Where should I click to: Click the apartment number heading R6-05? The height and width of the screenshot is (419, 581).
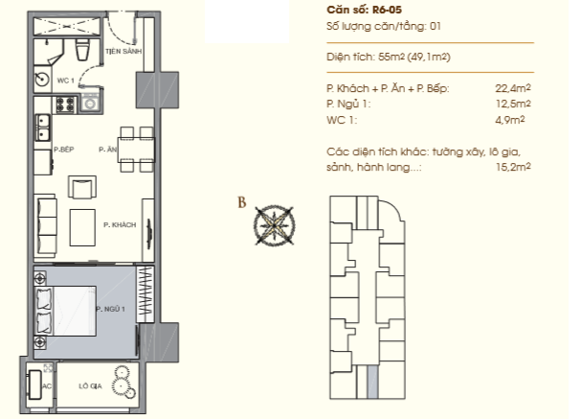pyautogui.click(x=387, y=10)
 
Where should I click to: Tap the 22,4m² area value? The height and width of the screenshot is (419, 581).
pyautogui.click(x=513, y=88)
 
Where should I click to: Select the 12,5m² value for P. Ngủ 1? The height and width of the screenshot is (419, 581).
pyautogui.click(x=513, y=104)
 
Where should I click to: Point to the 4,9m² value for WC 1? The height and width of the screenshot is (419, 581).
pyautogui.click(x=510, y=120)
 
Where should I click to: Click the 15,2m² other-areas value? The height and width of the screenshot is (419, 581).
pyautogui.click(x=513, y=167)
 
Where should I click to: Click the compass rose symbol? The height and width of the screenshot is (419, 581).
pyautogui.click(x=274, y=225)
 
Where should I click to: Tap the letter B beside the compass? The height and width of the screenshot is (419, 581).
pyautogui.click(x=241, y=202)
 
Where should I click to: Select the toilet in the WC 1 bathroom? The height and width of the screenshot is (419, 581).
pyautogui.click(x=82, y=49)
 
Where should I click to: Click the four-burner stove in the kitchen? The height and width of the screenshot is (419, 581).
pyautogui.click(x=66, y=105)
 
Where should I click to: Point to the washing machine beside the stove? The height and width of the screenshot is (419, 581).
pyautogui.click(x=90, y=103)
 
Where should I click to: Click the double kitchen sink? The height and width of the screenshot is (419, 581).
pyautogui.click(x=43, y=128)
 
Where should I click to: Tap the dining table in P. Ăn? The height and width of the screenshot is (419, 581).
pyautogui.click(x=136, y=150)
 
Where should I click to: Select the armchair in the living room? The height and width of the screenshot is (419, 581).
pyautogui.click(x=82, y=187)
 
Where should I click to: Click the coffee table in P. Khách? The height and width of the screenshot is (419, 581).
pyautogui.click(x=82, y=227)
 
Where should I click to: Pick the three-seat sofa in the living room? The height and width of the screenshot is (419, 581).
pyautogui.click(x=46, y=225)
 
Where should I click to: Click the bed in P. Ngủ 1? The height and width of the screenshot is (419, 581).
pyautogui.click(x=66, y=311)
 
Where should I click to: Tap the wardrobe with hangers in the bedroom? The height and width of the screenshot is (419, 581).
pyautogui.click(x=145, y=294)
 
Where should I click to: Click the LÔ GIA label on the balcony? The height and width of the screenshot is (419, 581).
pyautogui.click(x=90, y=386)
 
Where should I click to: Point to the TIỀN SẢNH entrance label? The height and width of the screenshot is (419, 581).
pyautogui.click(x=123, y=51)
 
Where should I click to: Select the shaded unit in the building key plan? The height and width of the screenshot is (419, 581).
pyautogui.click(x=372, y=382)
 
